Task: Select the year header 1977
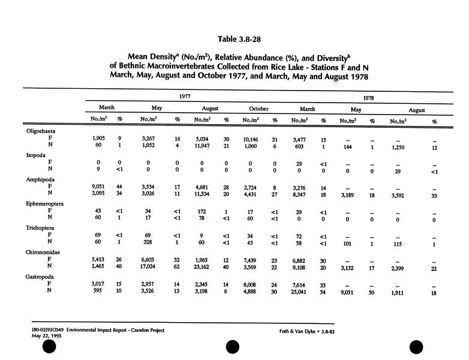pyautogui.click(x=187, y=96)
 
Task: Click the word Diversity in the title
pyautogui.click(x=318, y=58)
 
